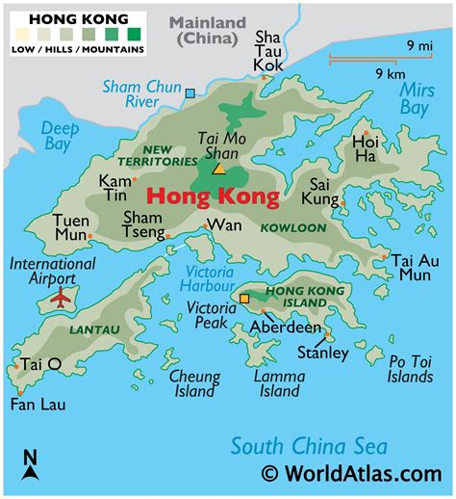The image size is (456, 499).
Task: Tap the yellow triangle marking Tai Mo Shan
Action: click(218, 169)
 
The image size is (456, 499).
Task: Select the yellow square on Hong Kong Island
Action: click(243, 299)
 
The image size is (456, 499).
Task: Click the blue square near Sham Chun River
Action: click(190, 93)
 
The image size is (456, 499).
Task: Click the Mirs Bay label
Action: click(414, 98)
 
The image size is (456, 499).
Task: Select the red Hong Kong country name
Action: click(213, 198)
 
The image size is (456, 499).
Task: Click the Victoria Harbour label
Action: click(207, 277)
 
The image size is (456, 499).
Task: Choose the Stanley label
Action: click(323, 353)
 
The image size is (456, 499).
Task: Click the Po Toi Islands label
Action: click(410, 369)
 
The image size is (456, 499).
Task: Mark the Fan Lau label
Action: click(38, 405)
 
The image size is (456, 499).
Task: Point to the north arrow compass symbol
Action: click(30, 465)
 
